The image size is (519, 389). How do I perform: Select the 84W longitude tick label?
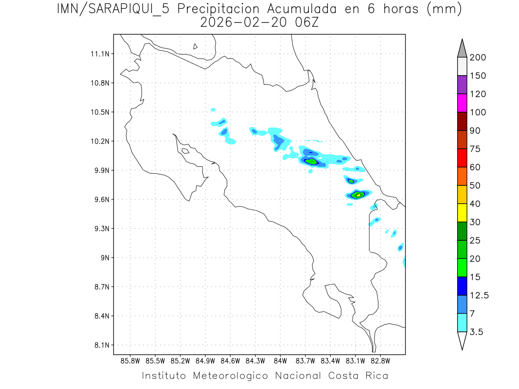[x=280, y=360]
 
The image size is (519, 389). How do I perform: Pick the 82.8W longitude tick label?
[x=380, y=360]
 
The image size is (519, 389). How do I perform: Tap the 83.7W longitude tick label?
[x=305, y=360]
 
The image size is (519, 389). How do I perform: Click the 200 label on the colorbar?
[x=477, y=57]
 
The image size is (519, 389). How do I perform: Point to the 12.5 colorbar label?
[x=478, y=295]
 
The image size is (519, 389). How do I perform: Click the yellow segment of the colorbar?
[x=462, y=213]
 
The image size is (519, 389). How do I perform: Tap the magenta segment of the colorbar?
[x=462, y=103]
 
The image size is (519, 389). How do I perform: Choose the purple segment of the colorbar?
[x=462, y=85]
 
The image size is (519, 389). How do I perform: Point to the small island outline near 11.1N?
[x=195, y=46]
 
